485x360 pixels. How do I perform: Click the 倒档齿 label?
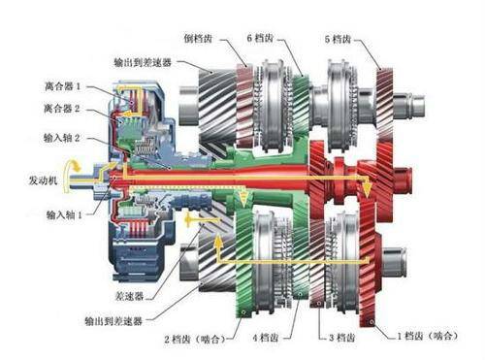199,39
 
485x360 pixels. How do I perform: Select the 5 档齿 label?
339,39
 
